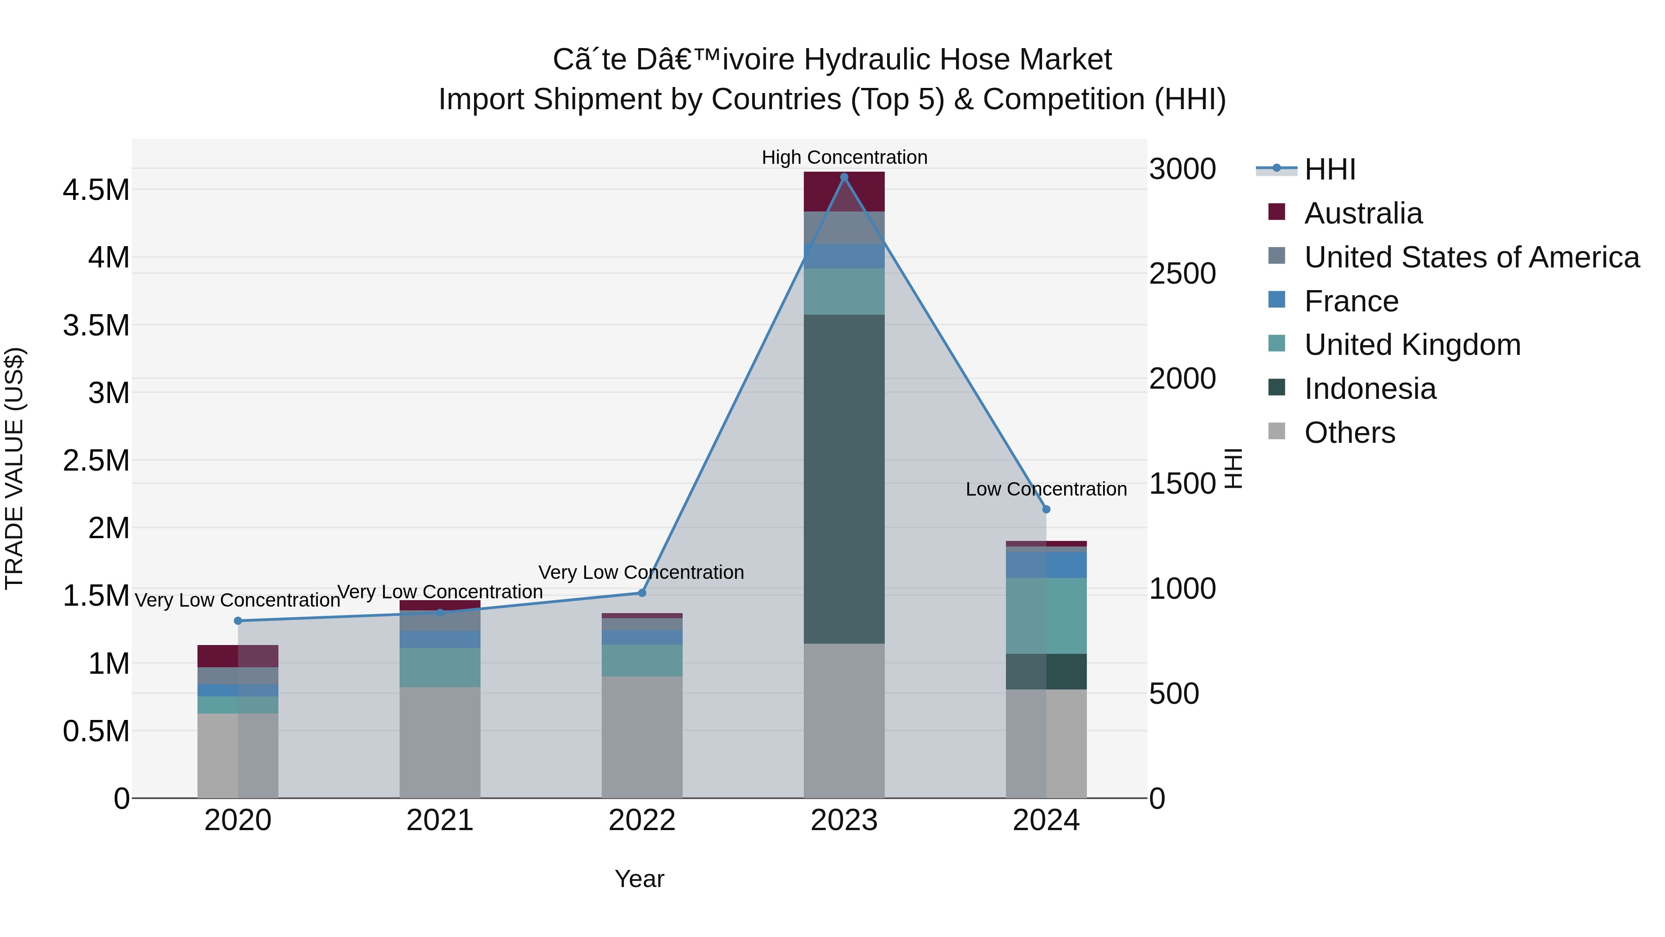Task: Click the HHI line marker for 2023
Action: (844, 177)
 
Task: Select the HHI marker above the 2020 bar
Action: (238, 621)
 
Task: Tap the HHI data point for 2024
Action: (1047, 509)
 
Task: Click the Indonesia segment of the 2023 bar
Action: (844, 478)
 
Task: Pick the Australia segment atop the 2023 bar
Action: (844, 192)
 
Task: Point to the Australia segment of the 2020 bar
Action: (237, 656)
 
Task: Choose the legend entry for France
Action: (1351, 301)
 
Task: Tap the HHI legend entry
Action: (1330, 169)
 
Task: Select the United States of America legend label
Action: (1472, 257)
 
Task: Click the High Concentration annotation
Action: (844, 157)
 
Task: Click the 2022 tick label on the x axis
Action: (642, 820)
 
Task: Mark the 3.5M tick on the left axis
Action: (96, 325)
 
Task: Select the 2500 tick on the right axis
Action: (1182, 273)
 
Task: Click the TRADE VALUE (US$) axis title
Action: (15, 468)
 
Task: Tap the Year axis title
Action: (639, 879)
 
